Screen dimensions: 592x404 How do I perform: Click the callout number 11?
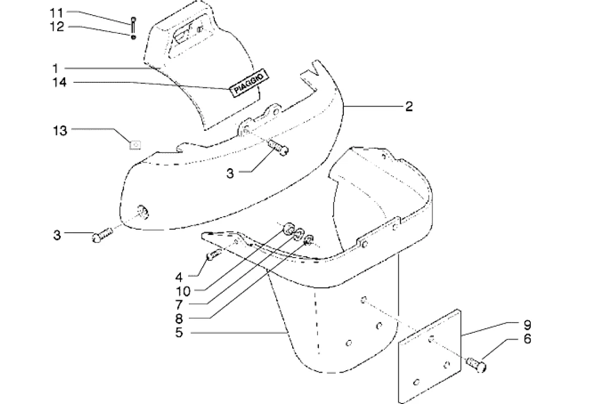point(57,13)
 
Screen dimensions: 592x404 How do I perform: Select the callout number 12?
point(57,27)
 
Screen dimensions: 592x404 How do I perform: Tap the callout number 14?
point(60,82)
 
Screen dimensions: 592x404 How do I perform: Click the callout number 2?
point(409,107)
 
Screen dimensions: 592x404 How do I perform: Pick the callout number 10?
point(183,291)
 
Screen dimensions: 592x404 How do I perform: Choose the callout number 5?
point(179,333)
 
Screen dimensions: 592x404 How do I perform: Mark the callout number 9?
point(527,325)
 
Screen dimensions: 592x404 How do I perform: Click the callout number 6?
point(527,339)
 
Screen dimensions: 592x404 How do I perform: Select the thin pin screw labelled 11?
point(133,25)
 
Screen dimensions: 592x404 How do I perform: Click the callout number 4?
point(179,278)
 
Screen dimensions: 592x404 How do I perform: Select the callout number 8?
point(179,319)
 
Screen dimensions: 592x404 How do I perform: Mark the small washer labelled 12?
point(133,37)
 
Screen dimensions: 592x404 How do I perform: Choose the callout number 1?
point(56,69)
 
